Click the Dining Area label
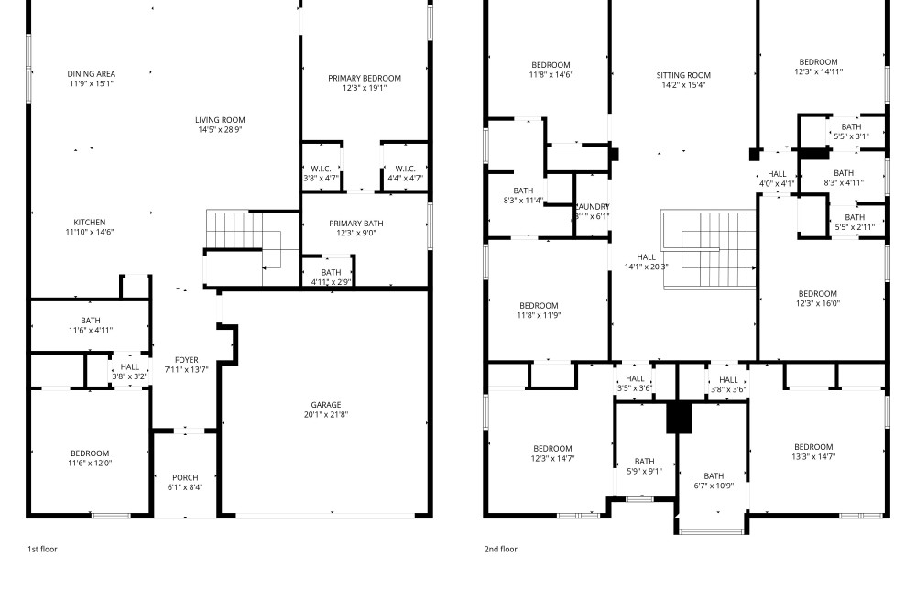pyautogui.click(x=91, y=74)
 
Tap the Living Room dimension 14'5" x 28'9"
pyautogui.click(x=220, y=130)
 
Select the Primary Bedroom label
pyautogui.click(x=365, y=78)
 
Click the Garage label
pyautogui.click(x=326, y=405)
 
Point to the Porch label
pyautogui.click(x=185, y=478)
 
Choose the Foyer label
pyautogui.click(x=186, y=360)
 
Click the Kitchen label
pyautogui.click(x=90, y=223)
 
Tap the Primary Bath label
pyautogui.click(x=356, y=224)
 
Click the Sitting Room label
pyautogui.click(x=683, y=75)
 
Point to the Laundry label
pyautogui.click(x=593, y=207)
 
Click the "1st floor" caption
pyautogui.click(x=42, y=549)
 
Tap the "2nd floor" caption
pyautogui.click(x=501, y=549)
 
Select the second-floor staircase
pyautogui.click(x=709, y=250)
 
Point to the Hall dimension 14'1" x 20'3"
pyautogui.click(x=646, y=267)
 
